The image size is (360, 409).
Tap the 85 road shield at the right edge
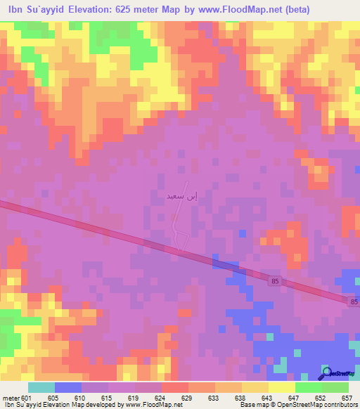354,301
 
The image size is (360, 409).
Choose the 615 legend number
109,397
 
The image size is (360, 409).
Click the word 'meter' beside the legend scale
10,397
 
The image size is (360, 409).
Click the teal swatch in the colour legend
41,387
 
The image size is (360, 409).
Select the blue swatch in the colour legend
68,387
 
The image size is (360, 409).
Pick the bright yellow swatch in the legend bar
282,387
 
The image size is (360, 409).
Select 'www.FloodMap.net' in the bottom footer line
148,405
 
